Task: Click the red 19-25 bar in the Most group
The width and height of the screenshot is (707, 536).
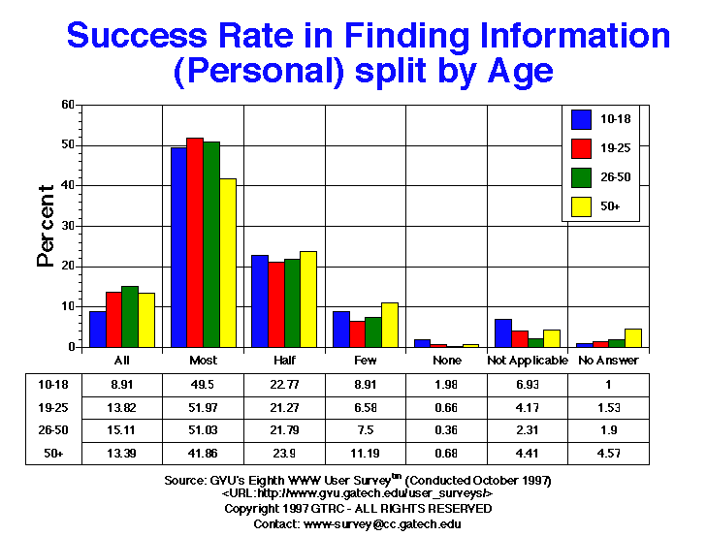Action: pos(195,242)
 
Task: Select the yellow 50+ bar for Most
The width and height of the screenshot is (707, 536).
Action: pos(228,263)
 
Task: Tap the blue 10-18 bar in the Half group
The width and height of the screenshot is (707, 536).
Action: pos(260,300)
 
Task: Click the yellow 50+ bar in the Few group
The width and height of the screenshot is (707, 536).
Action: pos(389,325)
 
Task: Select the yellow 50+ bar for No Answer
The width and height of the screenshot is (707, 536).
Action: pos(631,337)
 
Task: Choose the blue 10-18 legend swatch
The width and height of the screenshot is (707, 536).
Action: pos(582,120)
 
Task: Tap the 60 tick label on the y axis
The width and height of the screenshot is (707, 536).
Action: pos(68,105)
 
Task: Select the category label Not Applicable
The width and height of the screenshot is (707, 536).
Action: pos(527,359)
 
